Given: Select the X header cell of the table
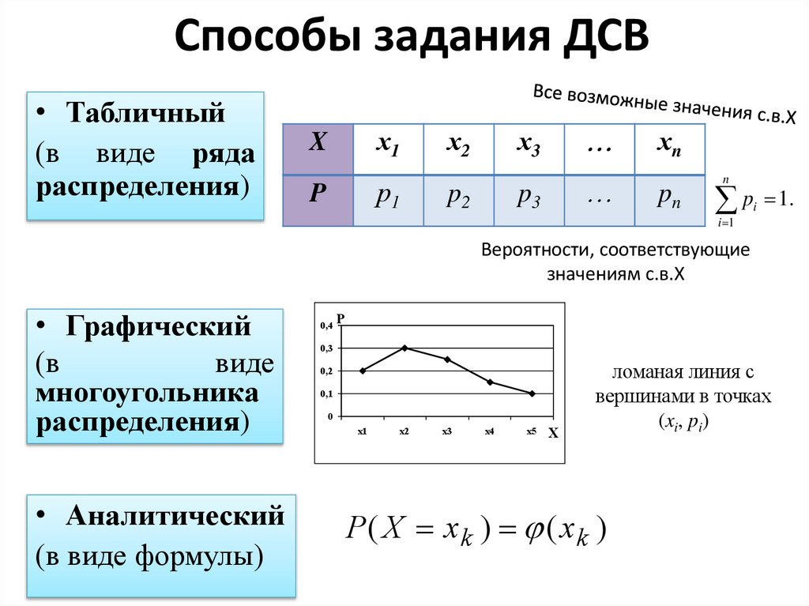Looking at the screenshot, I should [318, 148].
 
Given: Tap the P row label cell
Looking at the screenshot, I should [318, 200].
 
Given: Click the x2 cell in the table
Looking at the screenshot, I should [458, 148].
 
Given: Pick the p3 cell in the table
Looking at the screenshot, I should [529, 200].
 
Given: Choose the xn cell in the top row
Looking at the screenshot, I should [668, 148].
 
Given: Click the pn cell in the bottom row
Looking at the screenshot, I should [668, 200].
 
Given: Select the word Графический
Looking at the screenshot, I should [158, 326].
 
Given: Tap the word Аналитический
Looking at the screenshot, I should [175, 516].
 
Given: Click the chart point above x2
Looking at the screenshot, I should [404, 348].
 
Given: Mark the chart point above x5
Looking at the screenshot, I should [532, 393].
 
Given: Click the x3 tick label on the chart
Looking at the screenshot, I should [446, 431].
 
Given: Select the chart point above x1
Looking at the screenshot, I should [363, 371].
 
